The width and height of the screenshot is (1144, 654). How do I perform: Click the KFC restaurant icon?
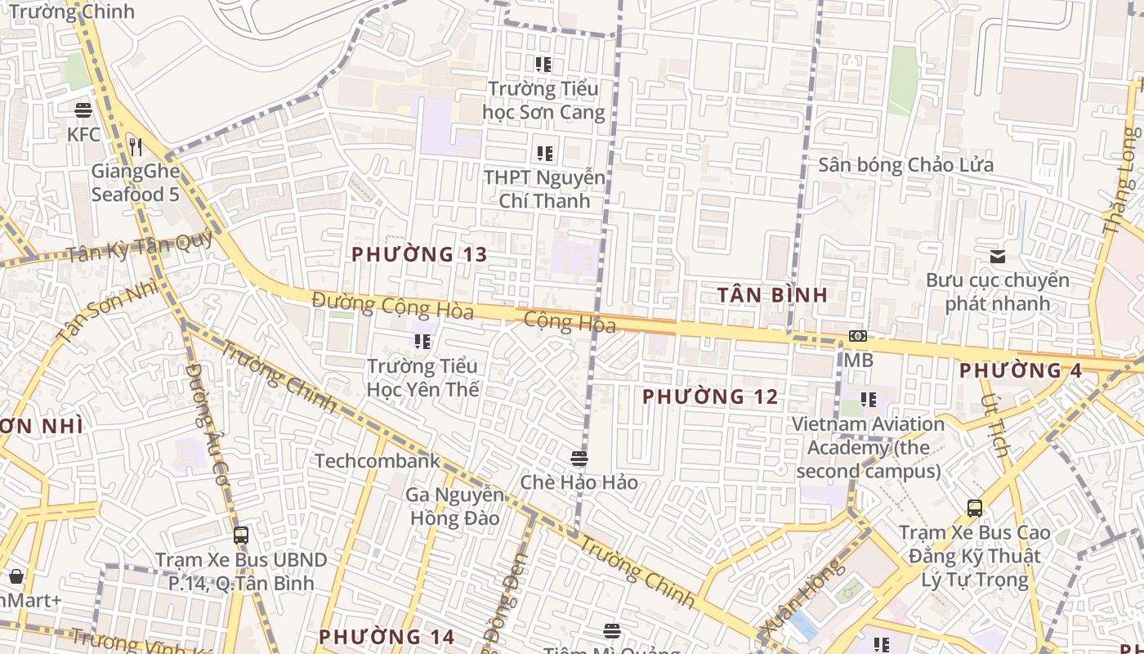(83, 110)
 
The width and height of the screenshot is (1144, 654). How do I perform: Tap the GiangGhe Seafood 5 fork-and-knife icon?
(136, 147)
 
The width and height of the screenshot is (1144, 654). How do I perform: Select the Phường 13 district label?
(419, 254)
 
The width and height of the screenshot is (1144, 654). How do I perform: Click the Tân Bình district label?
(772, 295)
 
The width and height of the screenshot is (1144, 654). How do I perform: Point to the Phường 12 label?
(710, 397)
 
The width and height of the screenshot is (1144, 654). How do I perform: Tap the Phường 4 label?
(1021, 370)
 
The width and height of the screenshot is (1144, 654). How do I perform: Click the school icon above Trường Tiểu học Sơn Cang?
(543, 64)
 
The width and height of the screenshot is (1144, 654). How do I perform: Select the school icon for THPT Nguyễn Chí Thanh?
(544, 153)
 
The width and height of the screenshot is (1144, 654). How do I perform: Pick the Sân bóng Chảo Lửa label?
(906, 165)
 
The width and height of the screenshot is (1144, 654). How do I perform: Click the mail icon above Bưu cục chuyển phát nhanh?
(998, 257)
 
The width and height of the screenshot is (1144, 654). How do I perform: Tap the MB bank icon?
(857, 336)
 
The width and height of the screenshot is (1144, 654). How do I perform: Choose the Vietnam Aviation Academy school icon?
(868, 400)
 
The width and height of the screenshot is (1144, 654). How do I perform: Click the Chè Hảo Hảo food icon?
(579, 458)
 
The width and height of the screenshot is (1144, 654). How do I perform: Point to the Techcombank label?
(377, 461)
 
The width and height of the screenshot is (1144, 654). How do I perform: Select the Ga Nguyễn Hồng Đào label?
(454, 506)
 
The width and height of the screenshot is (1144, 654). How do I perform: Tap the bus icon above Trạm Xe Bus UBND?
(241, 535)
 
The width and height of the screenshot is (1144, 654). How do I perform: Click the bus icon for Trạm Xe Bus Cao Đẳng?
(975, 508)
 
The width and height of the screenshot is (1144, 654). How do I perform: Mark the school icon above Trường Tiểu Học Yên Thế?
(422, 341)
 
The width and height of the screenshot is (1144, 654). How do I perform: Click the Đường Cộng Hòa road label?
(392, 306)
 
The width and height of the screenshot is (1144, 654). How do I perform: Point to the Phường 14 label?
(386, 637)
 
